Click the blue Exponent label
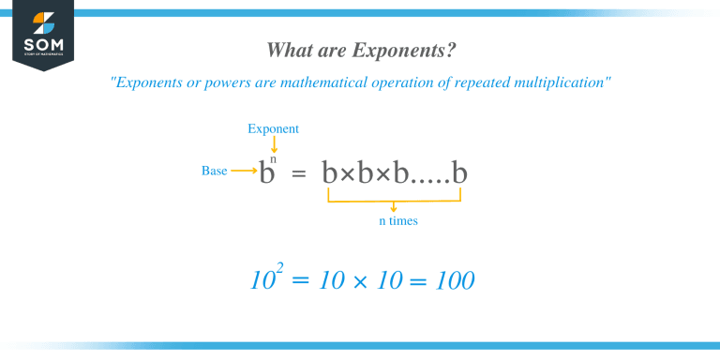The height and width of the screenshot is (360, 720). [x=274, y=128]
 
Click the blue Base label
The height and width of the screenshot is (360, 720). [x=215, y=172]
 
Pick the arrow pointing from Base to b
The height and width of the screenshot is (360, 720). [x=244, y=172]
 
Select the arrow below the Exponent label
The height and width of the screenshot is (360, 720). [x=274, y=143]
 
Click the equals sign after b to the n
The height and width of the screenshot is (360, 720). [x=299, y=175]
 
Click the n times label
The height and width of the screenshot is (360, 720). [x=393, y=221]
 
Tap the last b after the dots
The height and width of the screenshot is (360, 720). [x=459, y=173]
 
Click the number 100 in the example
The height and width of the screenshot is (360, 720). [x=455, y=280]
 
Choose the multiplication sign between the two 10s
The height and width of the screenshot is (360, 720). [x=359, y=281]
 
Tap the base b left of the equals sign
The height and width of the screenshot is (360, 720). [x=265, y=175]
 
